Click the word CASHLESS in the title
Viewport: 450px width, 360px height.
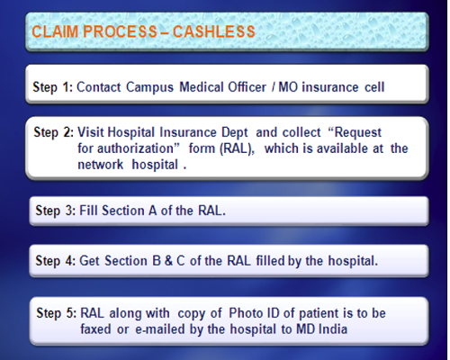[214, 31]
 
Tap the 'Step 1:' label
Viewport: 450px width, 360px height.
[53, 87]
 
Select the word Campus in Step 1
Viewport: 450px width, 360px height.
[149, 87]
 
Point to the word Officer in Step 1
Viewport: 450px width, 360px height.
[247, 87]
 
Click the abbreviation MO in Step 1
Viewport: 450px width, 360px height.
[288, 87]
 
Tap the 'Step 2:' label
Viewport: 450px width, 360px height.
[54, 132]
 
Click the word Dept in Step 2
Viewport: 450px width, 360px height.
[235, 132]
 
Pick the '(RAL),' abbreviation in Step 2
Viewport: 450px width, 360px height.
[238, 148]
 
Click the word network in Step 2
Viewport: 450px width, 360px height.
[101, 165]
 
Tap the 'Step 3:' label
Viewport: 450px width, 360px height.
[56, 211]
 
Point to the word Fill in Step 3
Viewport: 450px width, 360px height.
[89, 211]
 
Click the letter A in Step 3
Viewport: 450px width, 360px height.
[153, 211]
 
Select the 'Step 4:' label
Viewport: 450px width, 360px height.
[56, 261]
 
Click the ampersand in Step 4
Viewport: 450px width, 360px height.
[168, 261]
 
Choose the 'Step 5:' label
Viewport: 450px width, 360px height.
[57, 313]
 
